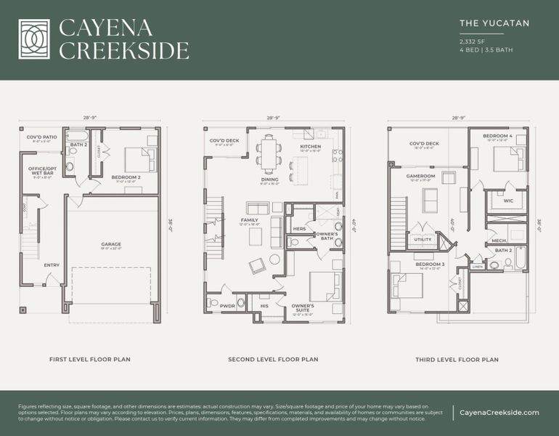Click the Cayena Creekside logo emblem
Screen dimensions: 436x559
pos(34,39)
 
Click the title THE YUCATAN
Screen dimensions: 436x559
pos(494,23)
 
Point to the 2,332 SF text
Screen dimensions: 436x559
pos(472,41)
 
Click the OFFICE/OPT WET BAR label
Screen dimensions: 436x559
pos(41,170)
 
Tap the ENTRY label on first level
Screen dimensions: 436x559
pos(51,265)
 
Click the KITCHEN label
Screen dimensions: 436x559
pos(311,148)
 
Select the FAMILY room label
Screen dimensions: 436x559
pos(250,221)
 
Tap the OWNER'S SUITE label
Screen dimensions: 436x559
pos(303,307)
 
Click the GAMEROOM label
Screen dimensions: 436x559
pos(420,177)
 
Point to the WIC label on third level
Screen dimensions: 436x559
pos(508,201)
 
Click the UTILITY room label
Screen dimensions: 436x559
pos(422,239)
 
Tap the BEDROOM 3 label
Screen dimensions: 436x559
pos(430,265)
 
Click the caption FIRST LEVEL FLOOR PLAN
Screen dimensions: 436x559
pos(89,360)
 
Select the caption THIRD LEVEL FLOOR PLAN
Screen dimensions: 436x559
pos(457,360)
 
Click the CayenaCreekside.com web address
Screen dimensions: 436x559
pos(499,413)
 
